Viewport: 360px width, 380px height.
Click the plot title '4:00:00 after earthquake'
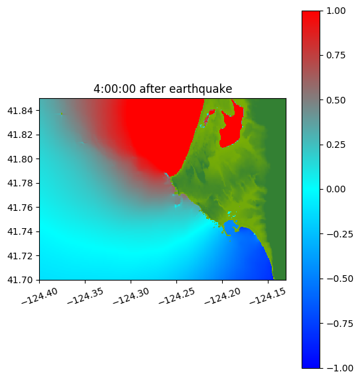tap(163, 89)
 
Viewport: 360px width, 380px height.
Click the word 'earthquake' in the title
tap(201, 89)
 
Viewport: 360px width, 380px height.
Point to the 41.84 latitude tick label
tap(20, 111)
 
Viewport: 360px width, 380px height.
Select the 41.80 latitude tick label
tap(20, 159)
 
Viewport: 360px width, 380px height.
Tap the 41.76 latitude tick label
tap(20, 208)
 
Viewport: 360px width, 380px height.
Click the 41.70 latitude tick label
tap(20, 280)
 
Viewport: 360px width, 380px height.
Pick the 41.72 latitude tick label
tap(20, 256)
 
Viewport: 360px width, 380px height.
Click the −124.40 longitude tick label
tap(40, 296)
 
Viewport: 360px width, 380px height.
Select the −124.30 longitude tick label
tap(131, 296)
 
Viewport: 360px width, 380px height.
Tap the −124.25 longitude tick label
tap(177, 296)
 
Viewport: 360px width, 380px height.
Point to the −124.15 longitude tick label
tap(268, 296)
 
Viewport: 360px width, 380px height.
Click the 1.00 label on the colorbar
tap(335, 11)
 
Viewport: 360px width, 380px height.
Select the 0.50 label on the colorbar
tap(335, 100)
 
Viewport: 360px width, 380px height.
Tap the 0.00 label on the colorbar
tap(335, 189)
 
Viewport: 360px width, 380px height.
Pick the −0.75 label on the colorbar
tap(339, 324)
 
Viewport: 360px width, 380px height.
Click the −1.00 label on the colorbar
tap(339, 368)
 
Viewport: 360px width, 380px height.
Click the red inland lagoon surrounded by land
tap(232, 129)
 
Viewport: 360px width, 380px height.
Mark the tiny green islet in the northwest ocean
tap(62, 113)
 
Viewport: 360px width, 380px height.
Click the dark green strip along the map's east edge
tap(276, 189)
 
